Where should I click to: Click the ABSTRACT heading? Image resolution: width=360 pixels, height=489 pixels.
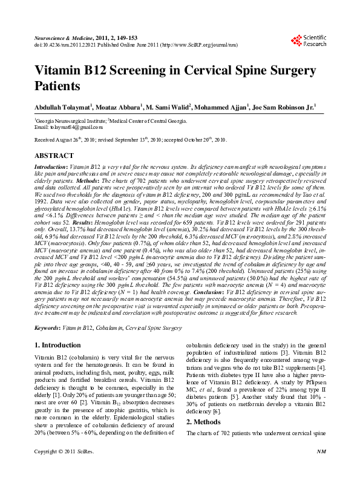point(54,156)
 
